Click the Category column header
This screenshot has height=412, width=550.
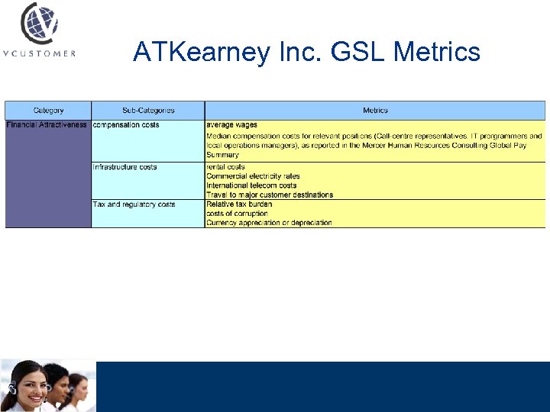(48, 111)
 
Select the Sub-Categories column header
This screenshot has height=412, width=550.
(148, 111)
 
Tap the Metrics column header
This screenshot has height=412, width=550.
(375, 111)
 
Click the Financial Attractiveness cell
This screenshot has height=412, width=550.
(47, 125)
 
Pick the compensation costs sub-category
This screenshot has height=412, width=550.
(126, 125)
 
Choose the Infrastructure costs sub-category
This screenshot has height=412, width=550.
(125, 167)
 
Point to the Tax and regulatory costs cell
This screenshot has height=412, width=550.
(134, 204)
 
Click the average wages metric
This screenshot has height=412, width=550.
(231, 125)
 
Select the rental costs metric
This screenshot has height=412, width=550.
(225, 167)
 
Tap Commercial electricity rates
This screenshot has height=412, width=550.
(253, 176)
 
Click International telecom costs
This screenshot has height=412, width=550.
(251, 185)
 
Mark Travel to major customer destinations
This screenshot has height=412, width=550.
(270, 195)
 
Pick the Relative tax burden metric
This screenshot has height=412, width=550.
(239, 204)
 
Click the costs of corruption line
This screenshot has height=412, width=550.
(237, 214)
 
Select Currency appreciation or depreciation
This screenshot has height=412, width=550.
(269, 223)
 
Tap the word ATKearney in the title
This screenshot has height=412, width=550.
(200, 52)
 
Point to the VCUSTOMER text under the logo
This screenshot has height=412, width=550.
(39, 53)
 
